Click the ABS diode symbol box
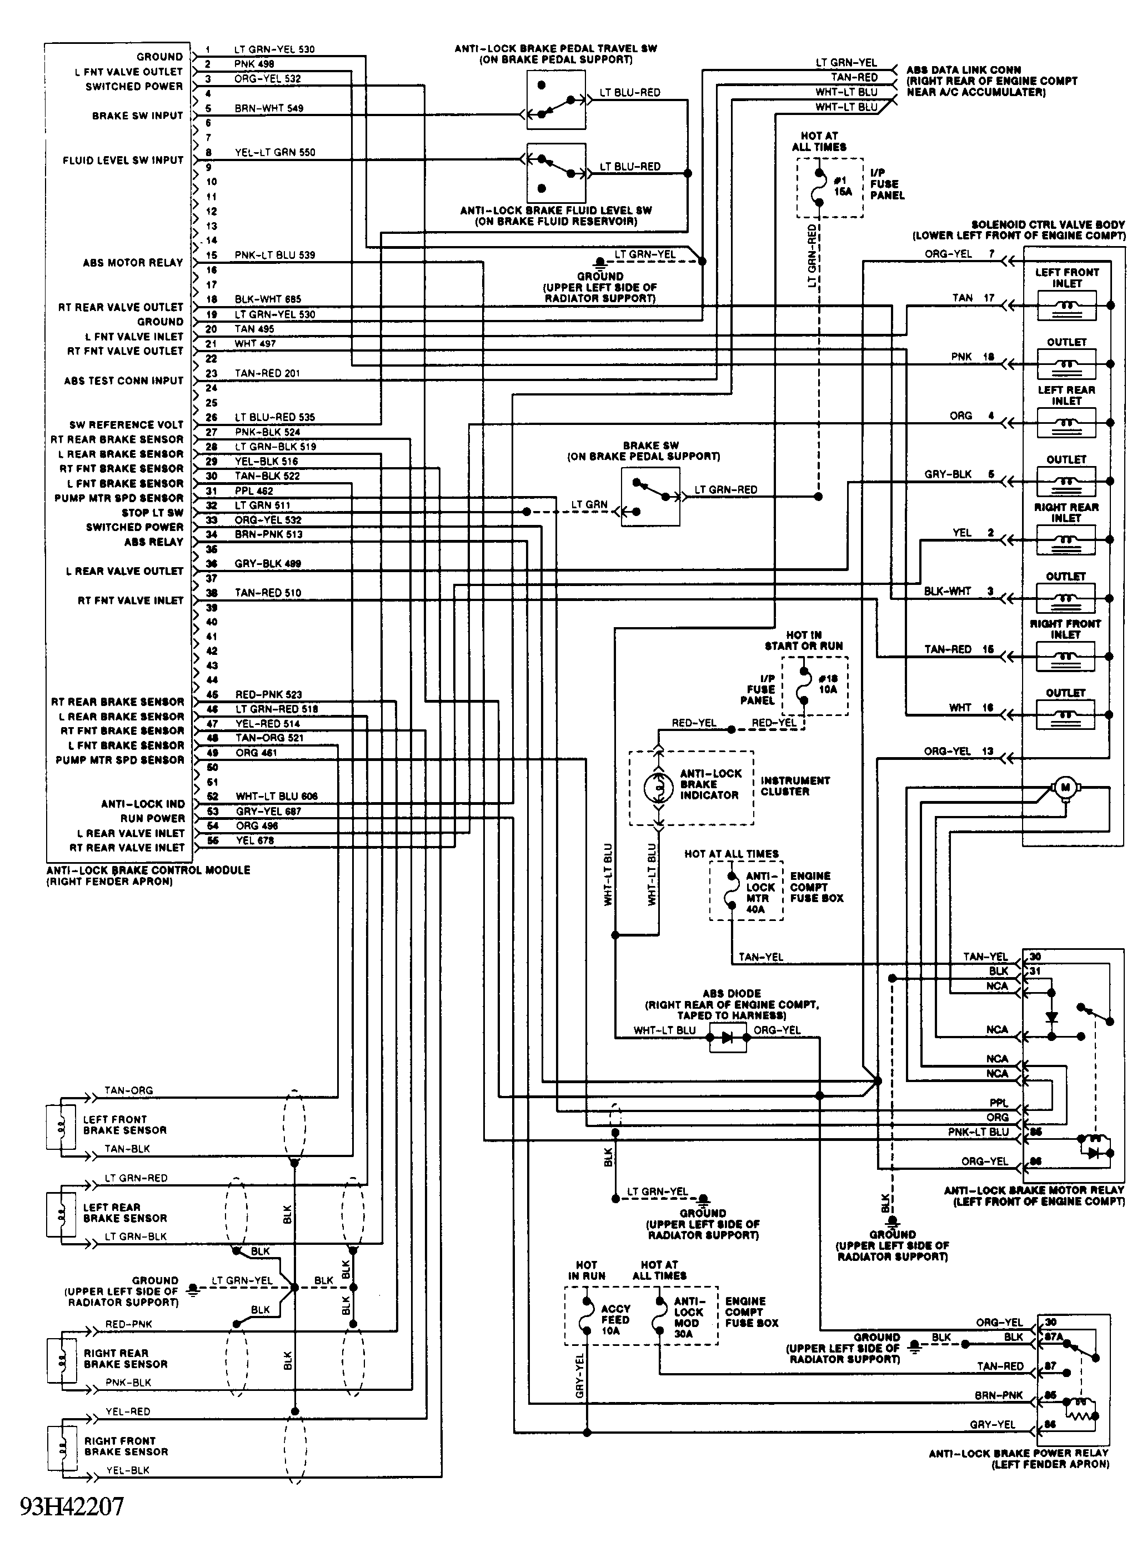click(x=728, y=1038)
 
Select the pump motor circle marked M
click(x=1065, y=787)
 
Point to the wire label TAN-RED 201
click(x=267, y=373)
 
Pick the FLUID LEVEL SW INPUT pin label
click(x=123, y=161)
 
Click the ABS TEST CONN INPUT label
click(x=123, y=381)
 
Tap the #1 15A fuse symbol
click(x=819, y=187)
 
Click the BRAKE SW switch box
click(x=650, y=497)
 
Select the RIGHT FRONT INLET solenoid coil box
click(x=1066, y=656)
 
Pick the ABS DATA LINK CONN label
click(x=964, y=70)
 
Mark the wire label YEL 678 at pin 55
click(x=256, y=840)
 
